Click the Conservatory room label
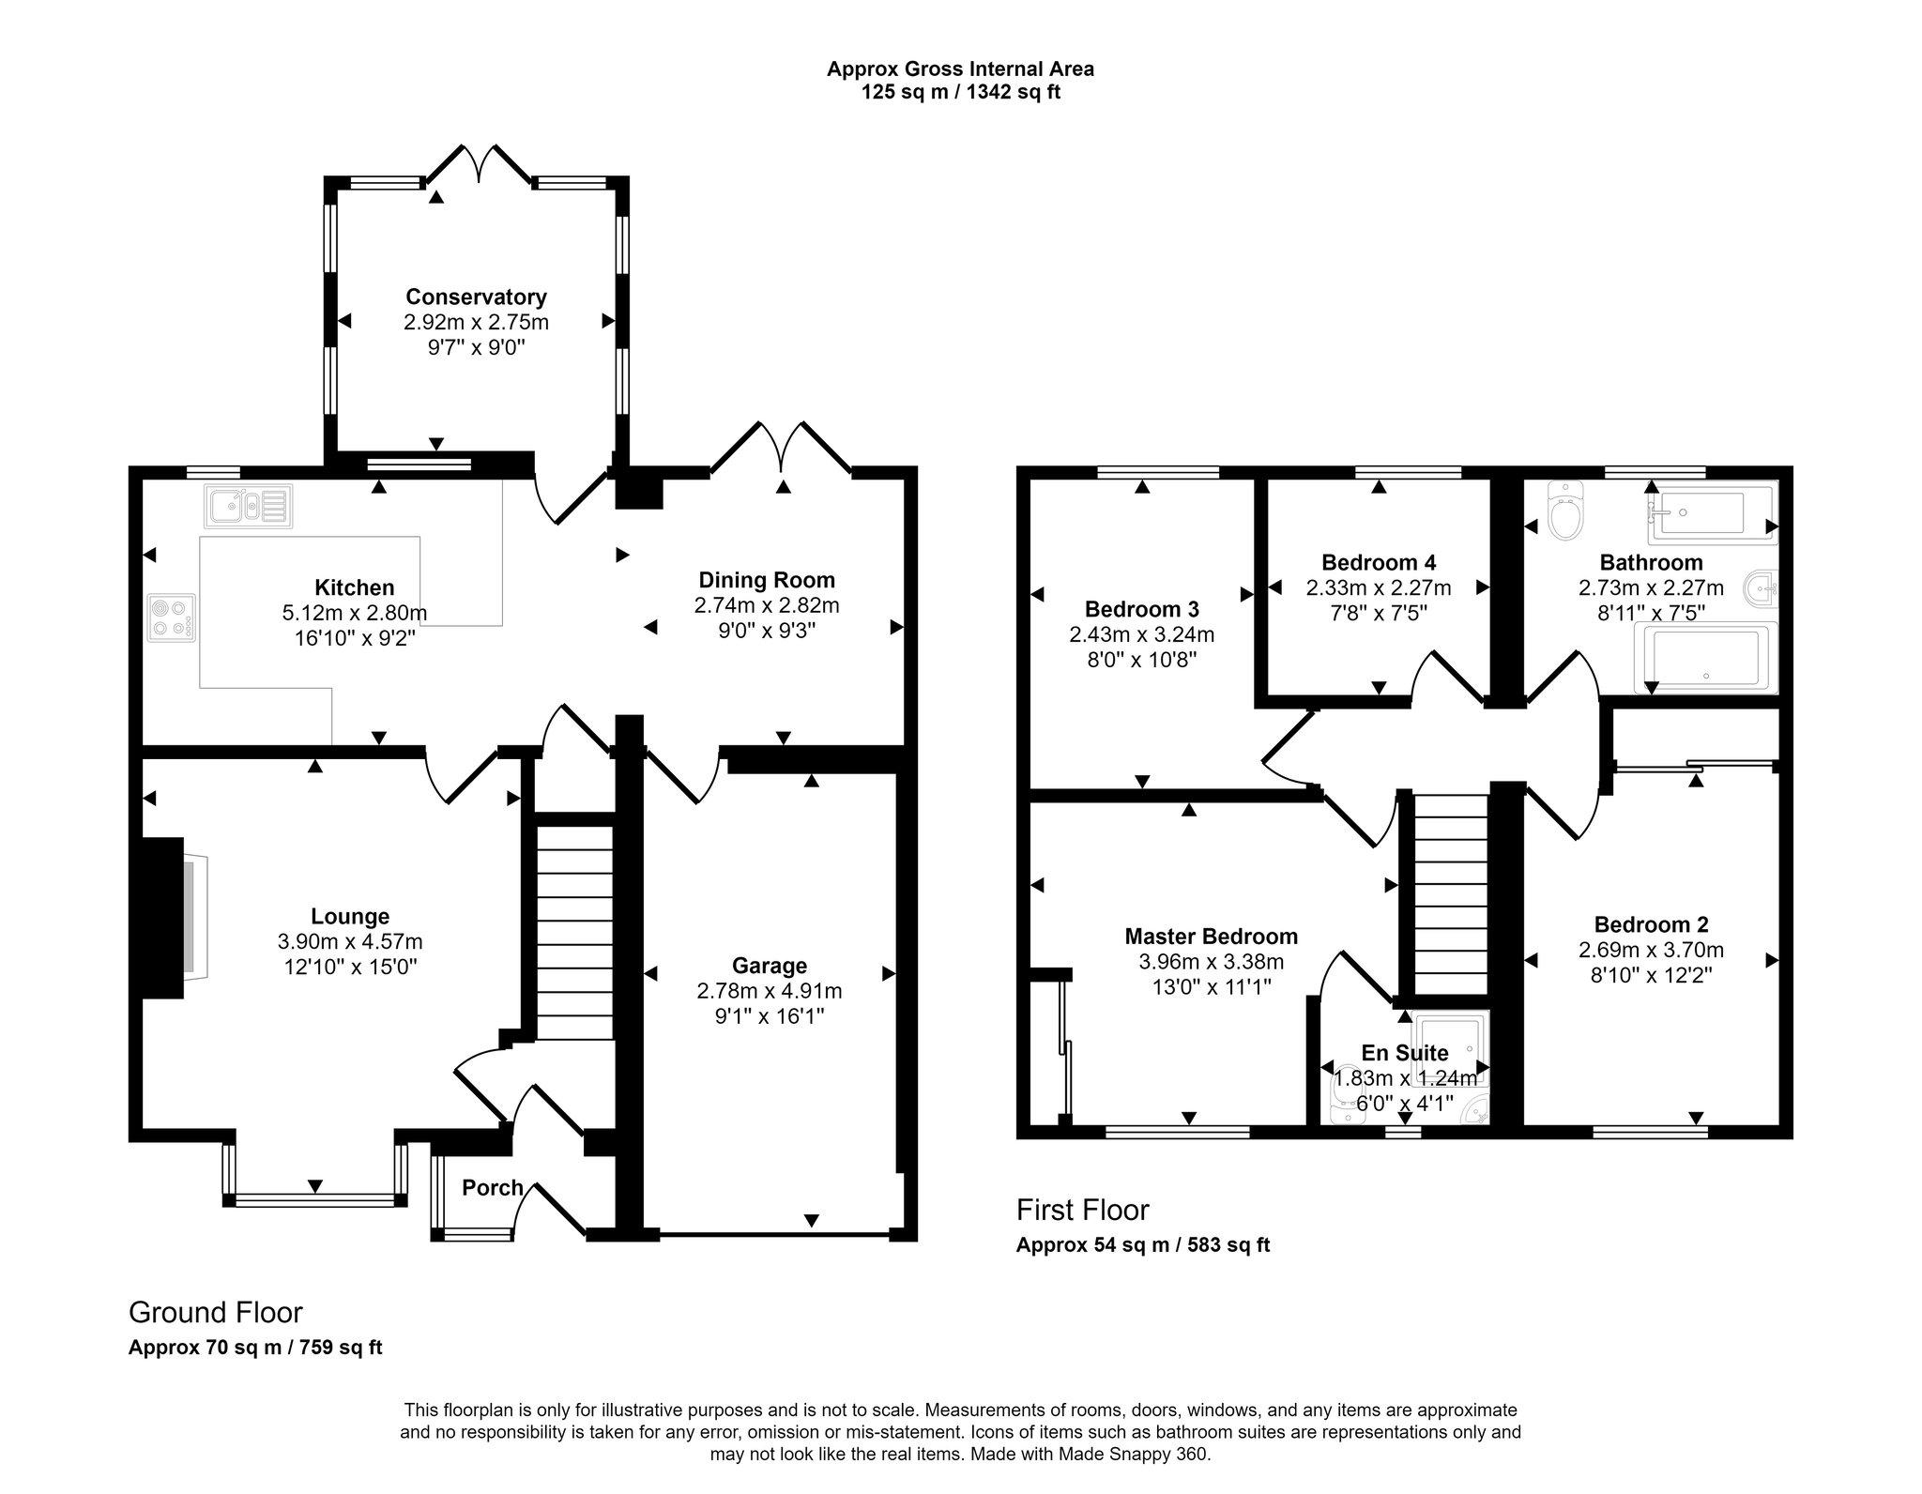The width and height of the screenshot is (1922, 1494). pyautogui.click(x=476, y=297)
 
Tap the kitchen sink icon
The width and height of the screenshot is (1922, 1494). pyautogui.click(x=248, y=506)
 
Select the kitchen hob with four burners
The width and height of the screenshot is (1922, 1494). pyautogui.click(x=173, y=618)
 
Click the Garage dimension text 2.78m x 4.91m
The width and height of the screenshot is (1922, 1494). pyautogui.click(x=770, y=991)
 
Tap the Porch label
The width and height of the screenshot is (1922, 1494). pyautogui.click(x=493, y=1188)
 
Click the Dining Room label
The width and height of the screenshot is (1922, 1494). pyautogui.click(x=767, y=581)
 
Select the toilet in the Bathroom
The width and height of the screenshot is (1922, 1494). pyautogui.click(x=1565, y=510)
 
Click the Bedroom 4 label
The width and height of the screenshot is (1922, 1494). pyautogui.click(x=1379, y=563)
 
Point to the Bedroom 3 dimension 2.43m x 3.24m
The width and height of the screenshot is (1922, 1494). pyautogui.click(x=1142, y=635)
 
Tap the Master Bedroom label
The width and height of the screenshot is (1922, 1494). pyautogui.click(x=1212, y=937)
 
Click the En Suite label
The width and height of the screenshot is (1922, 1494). pyautogui.click(x=1405, y=1053)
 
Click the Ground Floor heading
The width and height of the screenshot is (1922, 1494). pyautogui.click(x=216, y=1312)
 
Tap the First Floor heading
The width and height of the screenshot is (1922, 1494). pyautogui.click(x=1083, y=1211)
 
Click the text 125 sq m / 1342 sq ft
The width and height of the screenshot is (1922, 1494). pyautogui.click(x=961, y=93)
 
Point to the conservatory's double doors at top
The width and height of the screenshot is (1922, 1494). pyautogui.click(x=480, y=163)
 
